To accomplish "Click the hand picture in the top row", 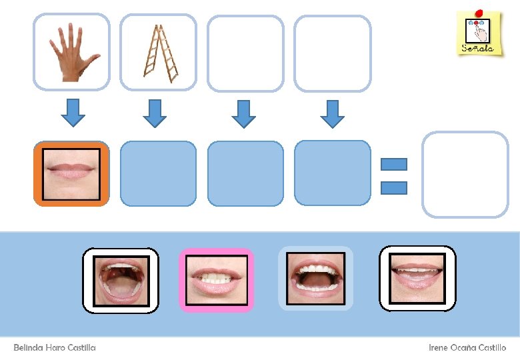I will [x=71, y=52].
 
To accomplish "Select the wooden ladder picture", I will [x=159, y=52].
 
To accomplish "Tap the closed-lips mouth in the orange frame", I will [x=71, y=173].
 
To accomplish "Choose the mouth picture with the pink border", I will [x=217, y=279].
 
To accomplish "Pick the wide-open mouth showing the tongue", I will [x=121, y=280].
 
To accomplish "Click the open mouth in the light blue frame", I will [x=315, y=279].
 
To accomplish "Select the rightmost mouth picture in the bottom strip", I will [x=417, y=278].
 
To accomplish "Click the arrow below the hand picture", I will [x=73, y=113].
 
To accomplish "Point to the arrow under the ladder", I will [x=154, y=113].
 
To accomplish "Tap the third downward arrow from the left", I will [x=244, y=113].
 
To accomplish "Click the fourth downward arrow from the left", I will [x=332, y=113].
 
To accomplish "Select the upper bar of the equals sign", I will [x=393, y=164].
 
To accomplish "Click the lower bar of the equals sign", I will [x=393, y=187].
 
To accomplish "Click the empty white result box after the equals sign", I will [x=465, y=174].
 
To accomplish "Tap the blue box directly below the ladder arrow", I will [x=158, y=173].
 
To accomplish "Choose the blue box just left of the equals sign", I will [x=332, y=173].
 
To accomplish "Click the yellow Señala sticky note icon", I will [x=479, y=33].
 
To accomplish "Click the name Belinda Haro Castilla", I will [x=55, y=348].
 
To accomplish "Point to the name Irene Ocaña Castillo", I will [x=467, y=348].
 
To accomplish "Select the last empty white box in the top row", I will [x=332, y=53].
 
